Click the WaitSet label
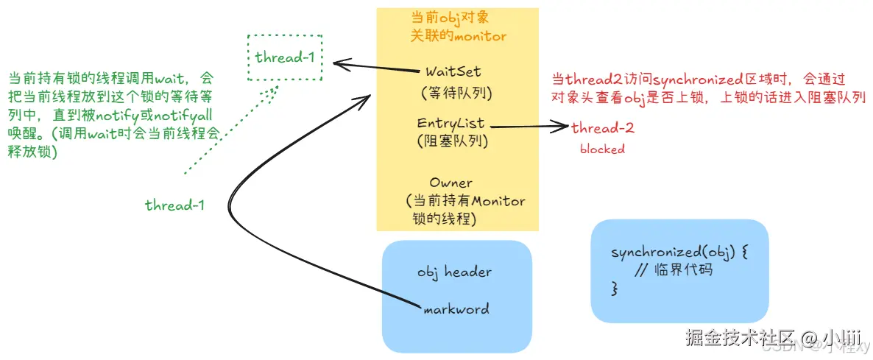tap(453, 71)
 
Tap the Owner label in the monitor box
tap(451, 182)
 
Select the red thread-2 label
tap(603, 128)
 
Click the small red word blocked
tap(602, 149)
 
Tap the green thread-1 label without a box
tap(174, 205)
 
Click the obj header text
tap(454, 272)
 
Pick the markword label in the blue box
tap(456, 309)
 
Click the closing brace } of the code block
tap(615, 289)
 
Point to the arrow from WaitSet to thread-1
tap(375, 68)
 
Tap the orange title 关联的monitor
tap(458, 35)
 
